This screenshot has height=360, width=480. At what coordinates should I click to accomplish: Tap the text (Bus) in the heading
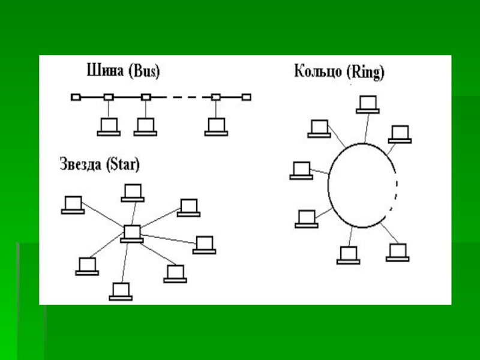tap(143, 71)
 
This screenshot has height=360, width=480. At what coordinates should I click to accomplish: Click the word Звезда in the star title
tap(80, 163)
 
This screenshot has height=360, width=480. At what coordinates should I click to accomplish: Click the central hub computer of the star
tap(131, 233)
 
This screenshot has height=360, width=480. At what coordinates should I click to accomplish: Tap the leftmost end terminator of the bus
tap(75, 97)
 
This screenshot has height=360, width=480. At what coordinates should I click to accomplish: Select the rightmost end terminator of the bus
tap(246, 97)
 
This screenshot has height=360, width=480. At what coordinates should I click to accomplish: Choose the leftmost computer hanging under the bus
tap(109, 127)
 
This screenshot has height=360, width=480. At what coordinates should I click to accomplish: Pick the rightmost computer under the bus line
tap(215, 127)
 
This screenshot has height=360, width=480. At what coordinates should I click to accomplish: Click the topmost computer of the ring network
tap(367, 104)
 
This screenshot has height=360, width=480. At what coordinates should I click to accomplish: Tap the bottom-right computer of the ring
tap(397, 251)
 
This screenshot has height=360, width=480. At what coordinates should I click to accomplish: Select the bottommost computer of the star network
tap(121, 291)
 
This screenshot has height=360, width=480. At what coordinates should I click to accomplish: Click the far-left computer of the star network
tap(73, 204)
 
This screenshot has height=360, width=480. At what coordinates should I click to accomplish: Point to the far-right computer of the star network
tap(204, 244)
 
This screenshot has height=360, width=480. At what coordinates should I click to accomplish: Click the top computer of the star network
tap(132, 192)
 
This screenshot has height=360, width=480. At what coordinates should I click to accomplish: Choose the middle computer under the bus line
tap(145, 127)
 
